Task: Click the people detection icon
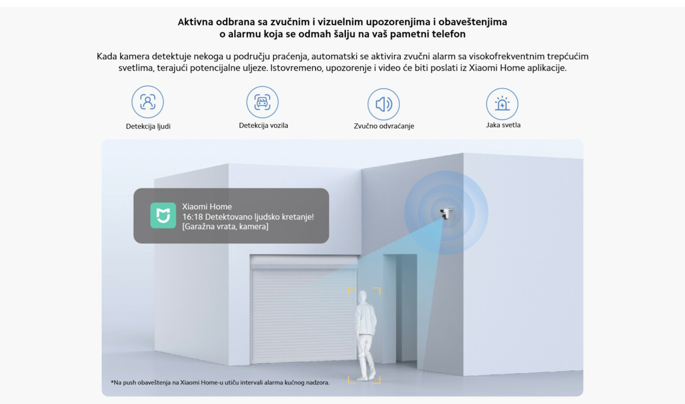pyautogui.click(x=148, y=102)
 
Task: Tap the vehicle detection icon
pyautogui.click(x=262, y=102)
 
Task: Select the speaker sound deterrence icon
pyautogui.click(x=384, y=104)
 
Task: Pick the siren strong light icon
pyautogui.click(x=502, y=104)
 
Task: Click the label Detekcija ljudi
pyautogui.click(x=148, y=126)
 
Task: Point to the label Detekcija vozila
pyautogui.click(x=263, y=125)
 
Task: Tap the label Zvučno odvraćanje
pyautogui.click(x=384, y=126)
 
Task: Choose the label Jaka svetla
pyautogui.click(x=503, y=125)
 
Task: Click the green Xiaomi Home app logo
pyautogui.click(x=163, y=215)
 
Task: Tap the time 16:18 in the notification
pyautogui.click(x=192, y=216)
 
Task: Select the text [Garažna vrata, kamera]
pyautogui.click(x=226, y=226)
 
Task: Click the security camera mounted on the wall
pyautogui.click(x=446, y=213)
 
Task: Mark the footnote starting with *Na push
pyautogui.click(x=220, y=382)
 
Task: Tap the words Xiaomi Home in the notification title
pyautogui.click(x=207, y=207)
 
